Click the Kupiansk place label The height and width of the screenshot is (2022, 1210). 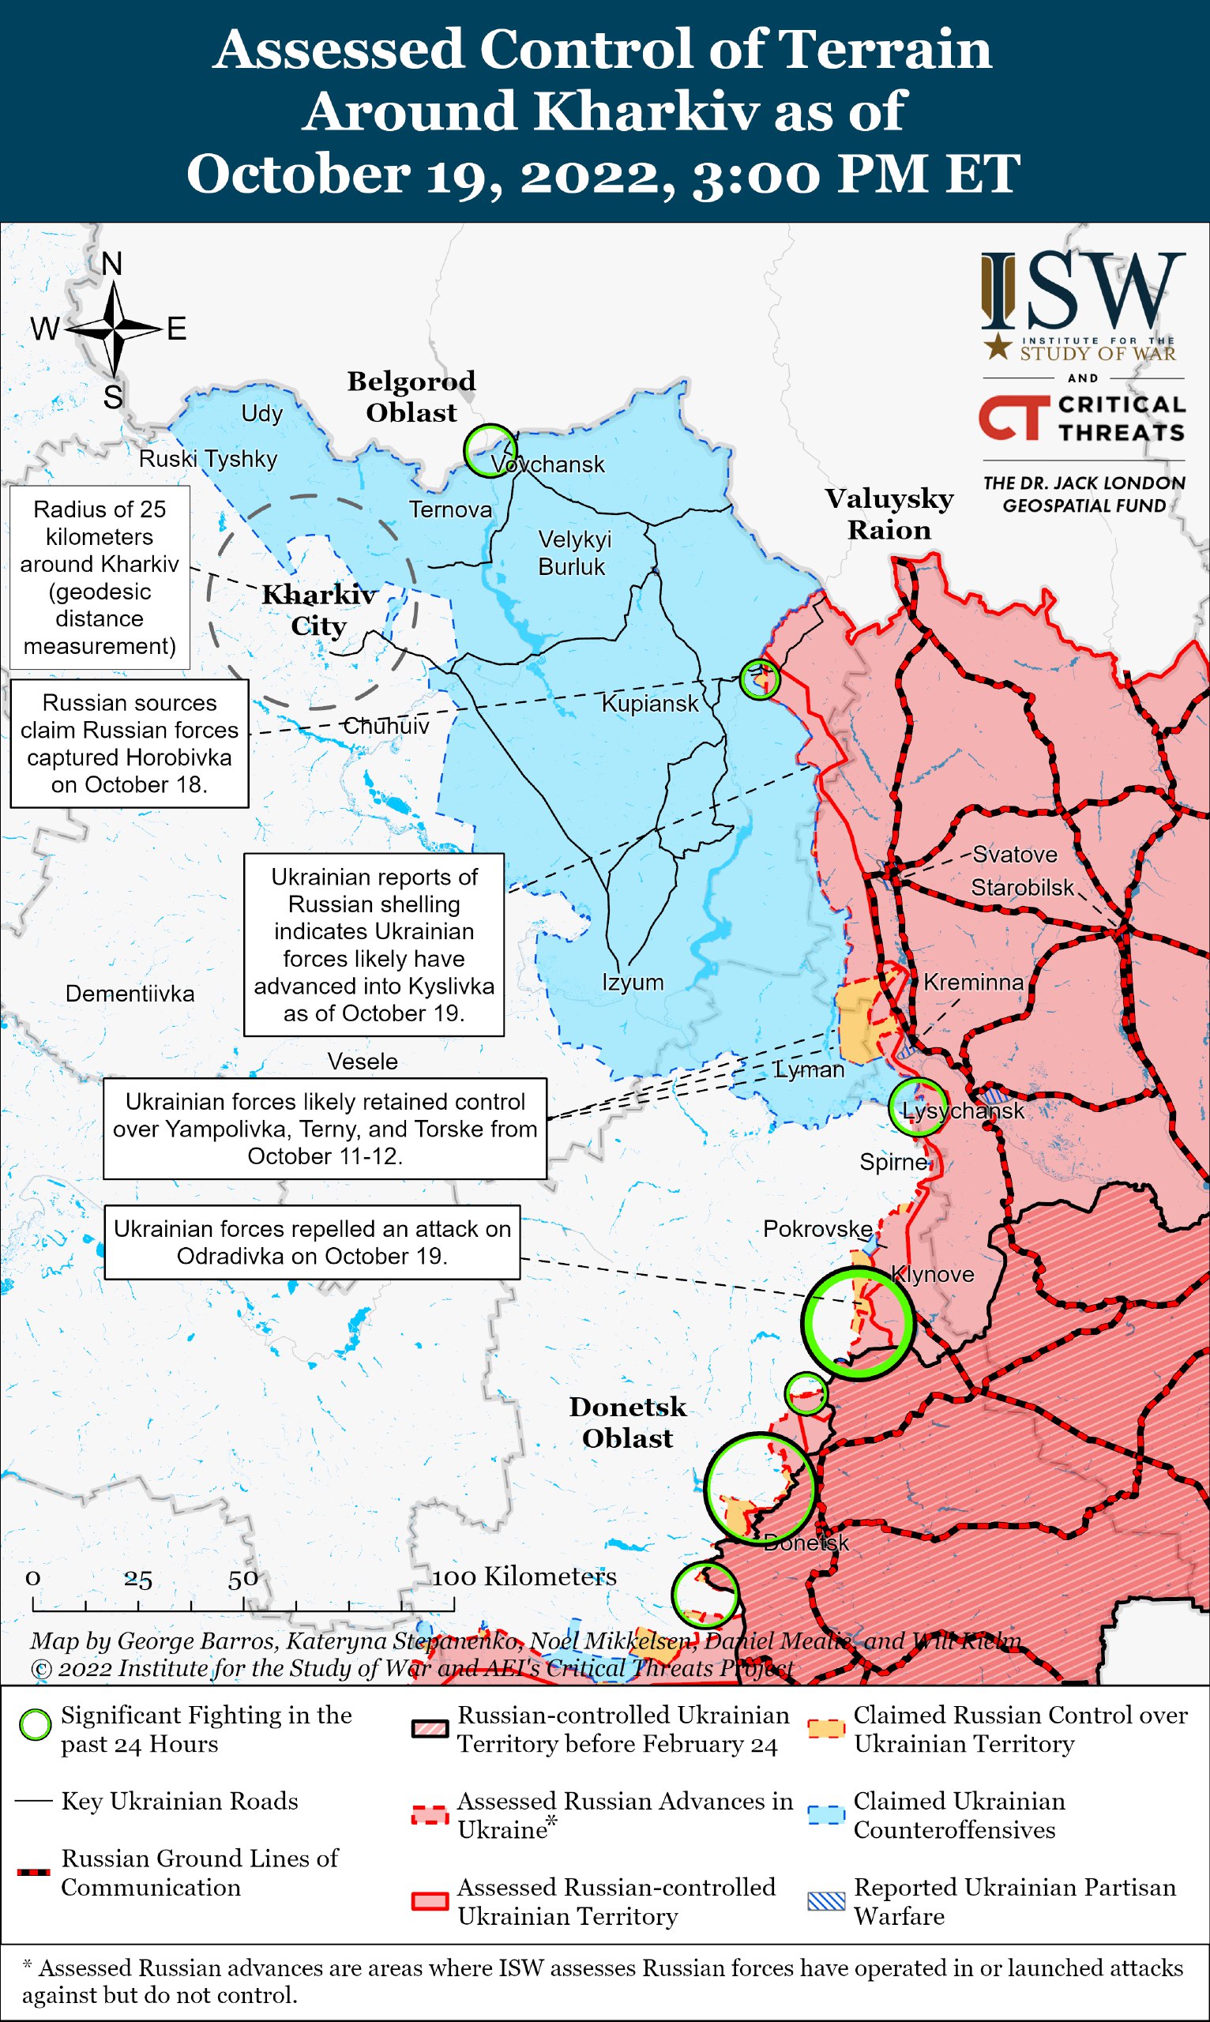(x=649, y=704)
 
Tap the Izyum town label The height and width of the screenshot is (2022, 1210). (x=633, y=983)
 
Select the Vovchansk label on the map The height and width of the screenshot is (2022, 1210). (x=548, y=464)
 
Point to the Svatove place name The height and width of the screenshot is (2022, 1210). (x=1014, y=855)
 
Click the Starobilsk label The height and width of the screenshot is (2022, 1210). (x=1022, y=887)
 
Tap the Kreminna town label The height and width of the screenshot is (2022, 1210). (x=973, y=982)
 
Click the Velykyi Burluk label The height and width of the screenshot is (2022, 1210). (x=574, y=553)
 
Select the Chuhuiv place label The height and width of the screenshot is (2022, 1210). (x=385, y=726)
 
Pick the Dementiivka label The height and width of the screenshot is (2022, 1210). (x=130, y=993)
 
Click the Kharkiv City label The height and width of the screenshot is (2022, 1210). (x=318, y=610)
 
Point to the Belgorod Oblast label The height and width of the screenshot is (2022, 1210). (x=411, y=397)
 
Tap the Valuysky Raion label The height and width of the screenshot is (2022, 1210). (x=889, y=513)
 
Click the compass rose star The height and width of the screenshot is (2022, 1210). (x=115, y=329)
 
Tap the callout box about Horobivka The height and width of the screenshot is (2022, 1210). (x=129, y=742)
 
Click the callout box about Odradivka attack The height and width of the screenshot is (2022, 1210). (x=311, y=1242)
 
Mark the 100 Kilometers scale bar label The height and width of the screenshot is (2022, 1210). (x=524, y=1576)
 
